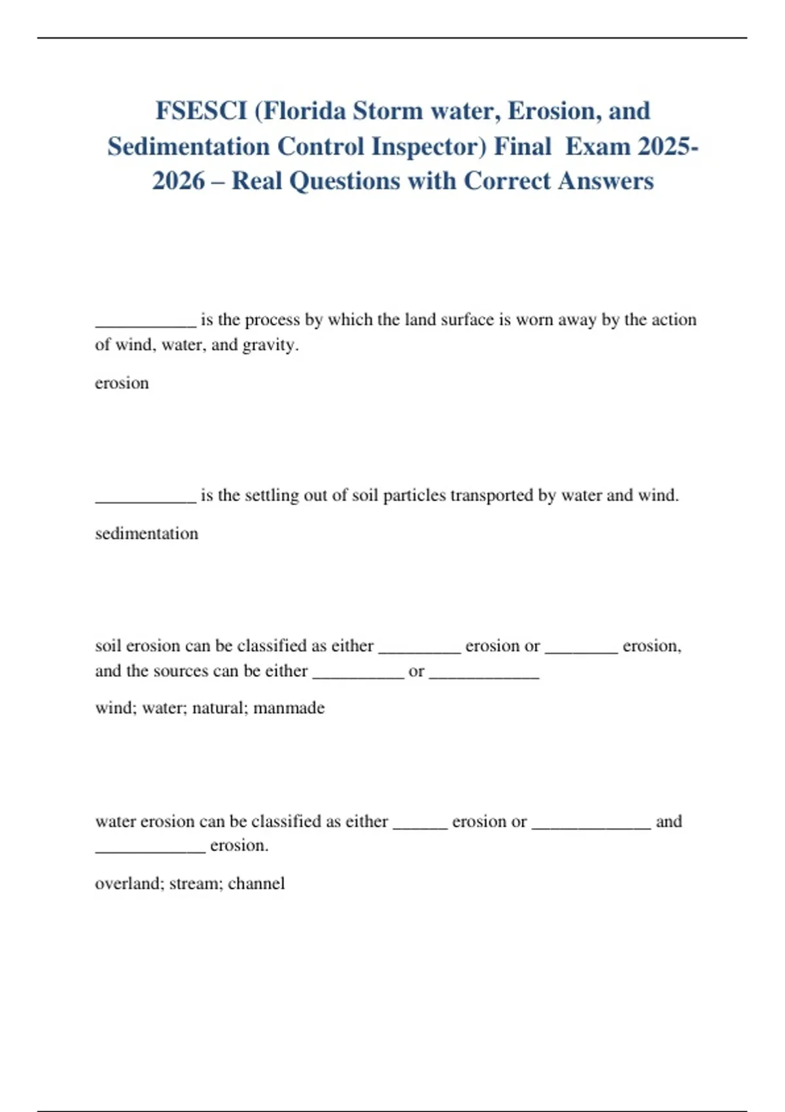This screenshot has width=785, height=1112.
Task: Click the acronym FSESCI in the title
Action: [x=201, y=111]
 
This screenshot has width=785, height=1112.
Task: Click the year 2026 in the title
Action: [x=178, y=181]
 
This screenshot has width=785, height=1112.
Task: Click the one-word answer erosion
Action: [x=122, y=383]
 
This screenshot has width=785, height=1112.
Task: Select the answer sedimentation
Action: [x=147, y=534]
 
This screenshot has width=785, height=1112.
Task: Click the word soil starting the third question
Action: [x=108, y=646]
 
